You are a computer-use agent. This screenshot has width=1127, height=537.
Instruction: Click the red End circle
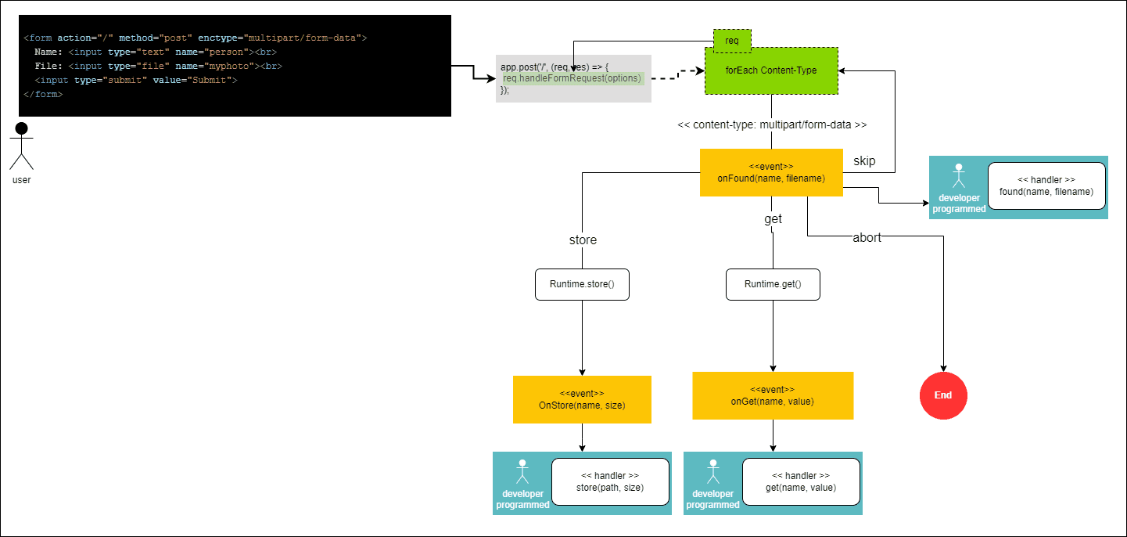[943, 395]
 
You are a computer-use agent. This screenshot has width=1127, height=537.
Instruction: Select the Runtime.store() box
[582, 285]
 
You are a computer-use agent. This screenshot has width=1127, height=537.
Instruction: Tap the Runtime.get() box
[773, 285]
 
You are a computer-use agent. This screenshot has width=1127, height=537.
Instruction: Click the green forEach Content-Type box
[771, 71]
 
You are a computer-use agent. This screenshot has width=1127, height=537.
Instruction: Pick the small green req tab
[732, 40]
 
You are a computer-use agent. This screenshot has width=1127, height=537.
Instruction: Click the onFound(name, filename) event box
[771, 172]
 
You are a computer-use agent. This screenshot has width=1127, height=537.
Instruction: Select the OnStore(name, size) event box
[582, 399]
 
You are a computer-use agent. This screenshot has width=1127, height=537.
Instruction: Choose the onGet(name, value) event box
[773, 395]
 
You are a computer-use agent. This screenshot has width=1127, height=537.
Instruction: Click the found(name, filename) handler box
[1046, 186]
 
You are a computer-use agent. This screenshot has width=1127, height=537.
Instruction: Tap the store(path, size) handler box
[610, 481]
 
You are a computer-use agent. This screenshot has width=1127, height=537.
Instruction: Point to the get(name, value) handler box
[801, 481]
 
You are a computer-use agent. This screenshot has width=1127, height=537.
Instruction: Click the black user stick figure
[21, 146]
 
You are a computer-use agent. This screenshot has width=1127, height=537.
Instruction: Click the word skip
[864, 160]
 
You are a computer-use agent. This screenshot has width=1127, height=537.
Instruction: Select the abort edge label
[867, 238]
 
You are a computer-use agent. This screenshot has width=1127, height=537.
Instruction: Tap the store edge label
[583, 240]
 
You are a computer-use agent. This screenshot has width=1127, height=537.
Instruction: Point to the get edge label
[773, 219]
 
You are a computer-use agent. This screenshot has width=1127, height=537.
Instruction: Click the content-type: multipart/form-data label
[772, 124]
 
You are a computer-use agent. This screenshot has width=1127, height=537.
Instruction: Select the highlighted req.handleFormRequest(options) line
[572, 78]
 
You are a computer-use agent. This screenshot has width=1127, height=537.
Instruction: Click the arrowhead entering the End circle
[943, 369]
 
